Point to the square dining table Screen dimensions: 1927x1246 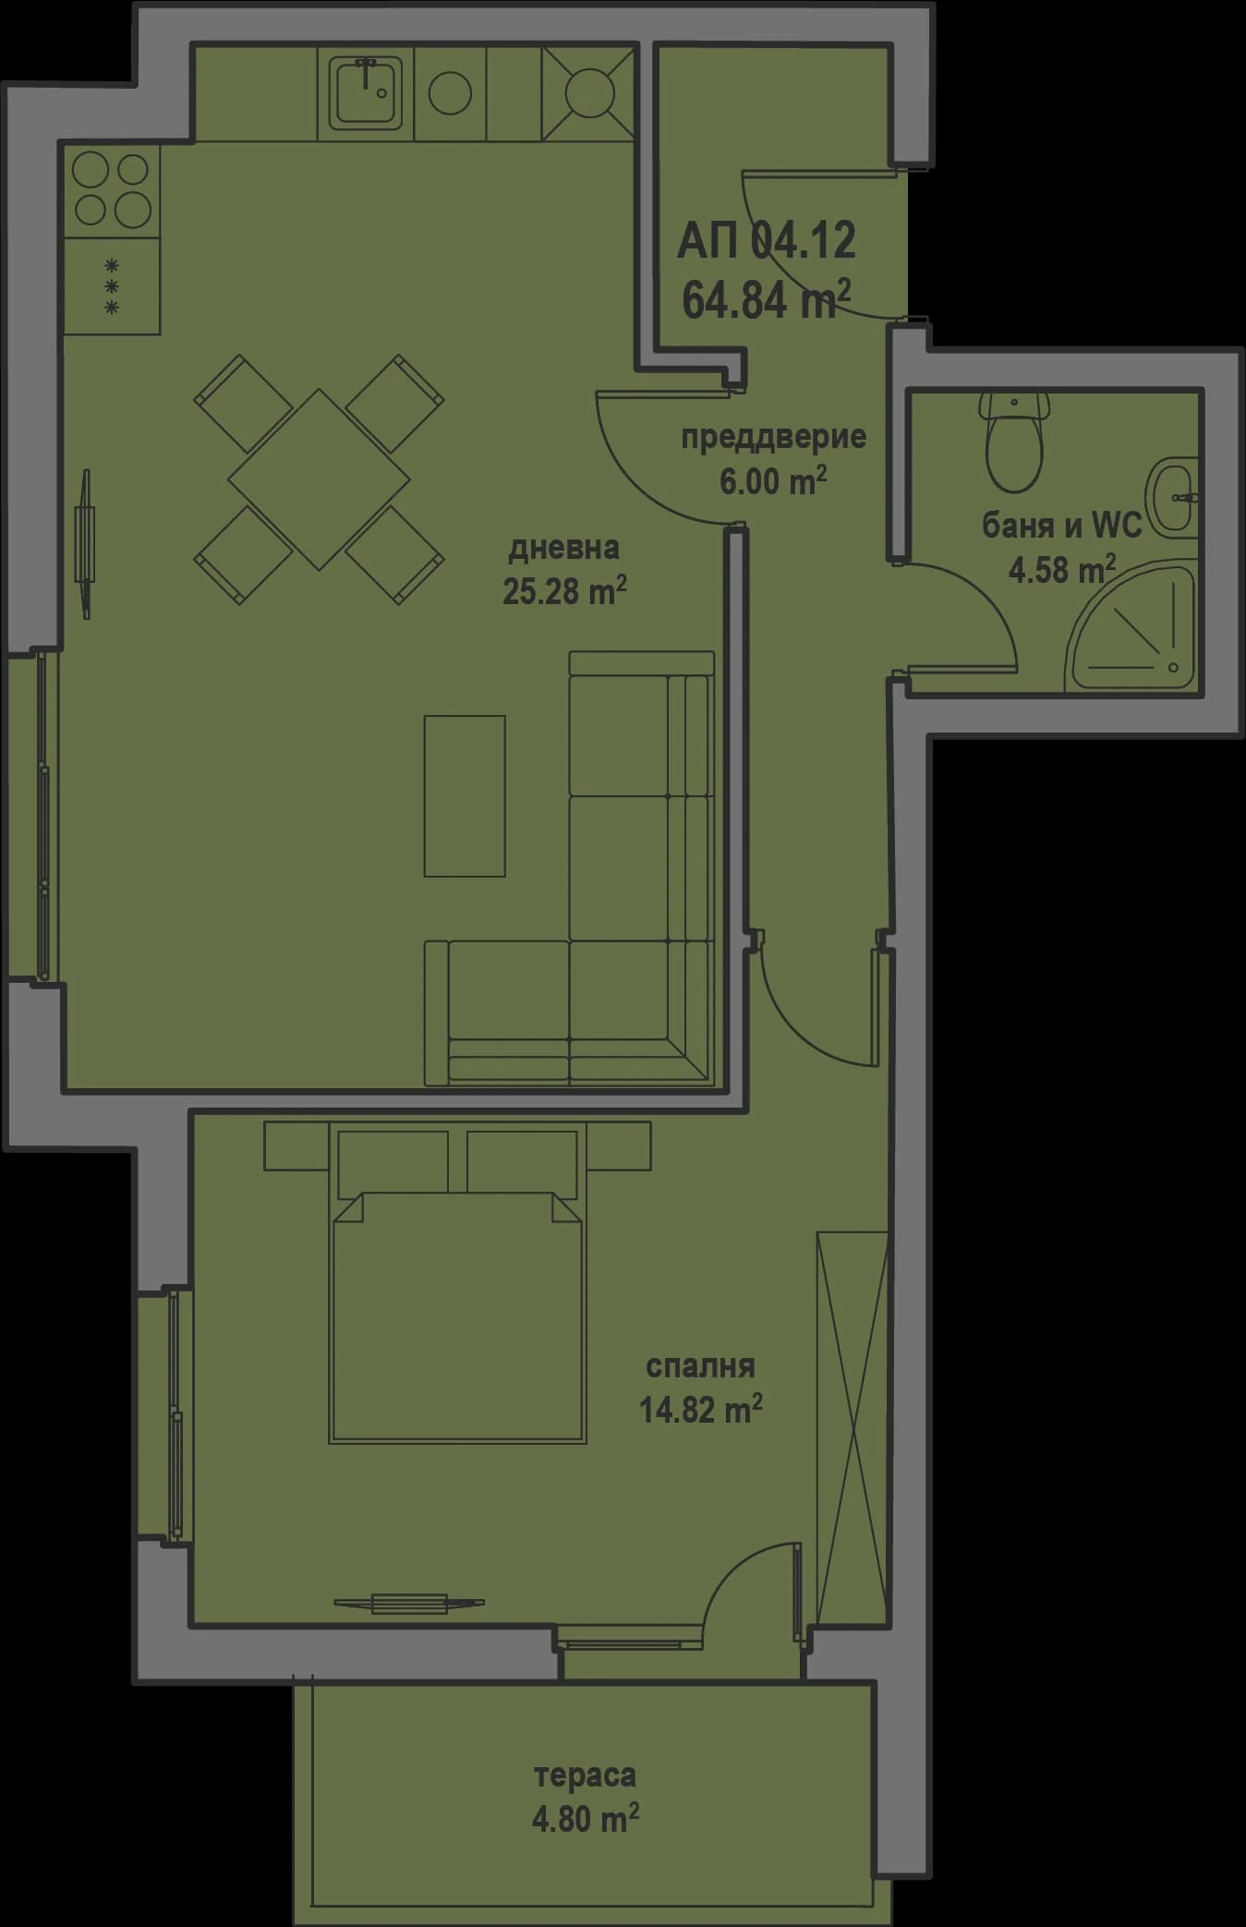click(319, 479)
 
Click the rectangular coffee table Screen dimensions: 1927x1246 click(465, 795)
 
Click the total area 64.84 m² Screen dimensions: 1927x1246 click(766, 300)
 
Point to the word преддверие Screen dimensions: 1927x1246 click(773, 437)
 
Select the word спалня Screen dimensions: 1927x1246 click(700, 1364)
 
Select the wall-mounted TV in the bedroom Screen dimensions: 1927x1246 click(409, 1604)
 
